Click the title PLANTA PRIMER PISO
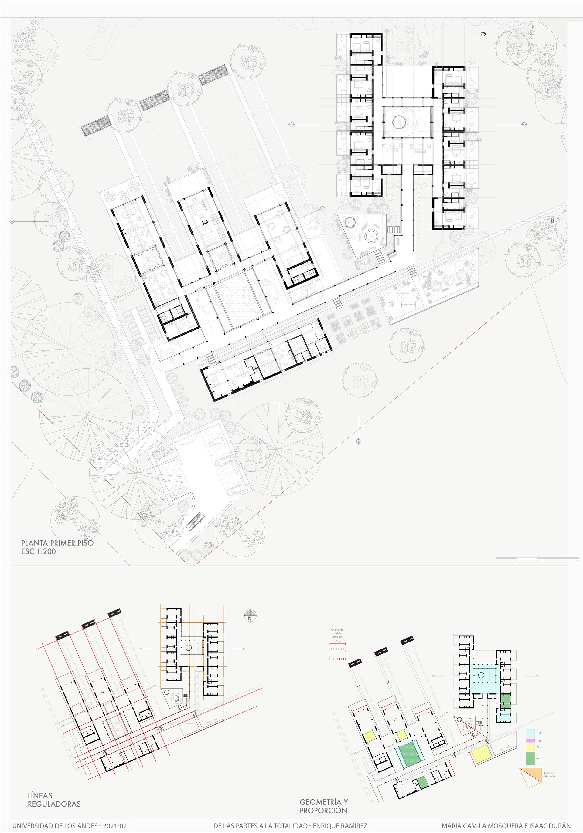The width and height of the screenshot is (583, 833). tap(57, 543)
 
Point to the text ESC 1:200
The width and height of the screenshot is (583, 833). tap(39, 551)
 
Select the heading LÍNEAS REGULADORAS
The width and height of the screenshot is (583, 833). tap(54, 800)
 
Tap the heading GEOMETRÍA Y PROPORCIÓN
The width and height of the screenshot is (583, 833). tap(323, 806)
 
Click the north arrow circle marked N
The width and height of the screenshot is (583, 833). tap(250, 616)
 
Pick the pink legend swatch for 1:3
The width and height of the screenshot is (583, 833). tap(530, 740)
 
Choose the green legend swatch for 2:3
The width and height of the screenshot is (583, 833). tap(530, 758)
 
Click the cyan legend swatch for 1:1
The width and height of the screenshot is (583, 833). tap(530, 733)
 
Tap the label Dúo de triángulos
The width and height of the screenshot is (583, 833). tap(549, 774)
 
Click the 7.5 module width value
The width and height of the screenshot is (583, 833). tap(337, 641)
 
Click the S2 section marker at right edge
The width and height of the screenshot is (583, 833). tap(553, 221)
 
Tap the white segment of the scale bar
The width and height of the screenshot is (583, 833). tap(527, 558)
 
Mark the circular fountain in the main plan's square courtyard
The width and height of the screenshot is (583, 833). tap(398, 122)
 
